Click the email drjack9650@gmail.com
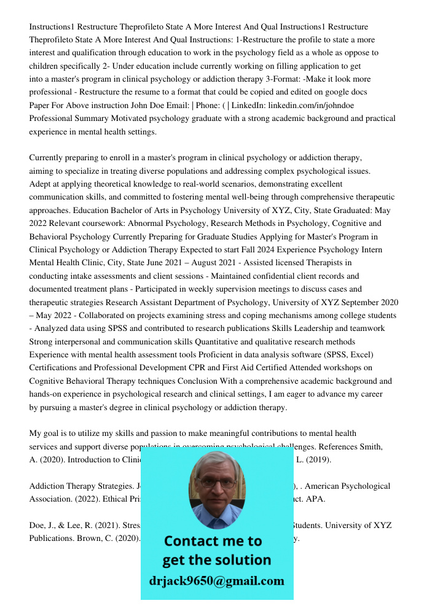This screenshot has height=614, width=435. (217, 581)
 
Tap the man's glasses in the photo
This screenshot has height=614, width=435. (217, 483)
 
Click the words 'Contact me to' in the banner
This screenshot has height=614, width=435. (213, 541)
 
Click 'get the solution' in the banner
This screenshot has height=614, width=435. (216, 560)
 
